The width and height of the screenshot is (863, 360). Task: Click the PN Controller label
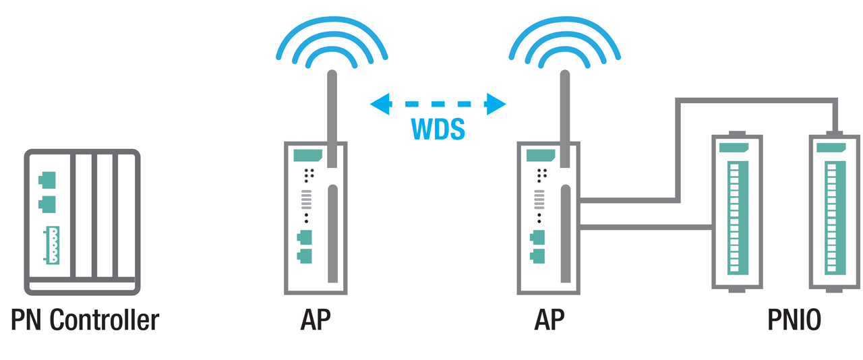pyautogui.click(x=85, y=320)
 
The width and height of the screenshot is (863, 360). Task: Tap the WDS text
pyautogui.click(x=438, y=129)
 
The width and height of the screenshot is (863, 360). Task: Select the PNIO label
pyautogui.click(x=794, y=320)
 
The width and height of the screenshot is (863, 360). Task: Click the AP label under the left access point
pyautogui.click(x=316, y=320)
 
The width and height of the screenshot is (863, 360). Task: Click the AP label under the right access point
pyautogui.click(x=549, y=320)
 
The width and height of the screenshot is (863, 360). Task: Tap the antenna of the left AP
pyautogui.click(x=332, y=108)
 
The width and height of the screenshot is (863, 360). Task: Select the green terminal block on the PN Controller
pyautogui.click(x=52, y=245)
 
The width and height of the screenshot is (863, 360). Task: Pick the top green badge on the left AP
pyautogui.click(x=307, y=155)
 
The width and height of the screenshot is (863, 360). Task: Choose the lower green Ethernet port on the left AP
pyautogui.click(x=304, y=256)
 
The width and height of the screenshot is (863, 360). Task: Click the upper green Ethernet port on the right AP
pyautogui.click(x=537, y=237)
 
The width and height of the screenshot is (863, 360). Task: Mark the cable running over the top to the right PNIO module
pyautogui.click(x=755, y=102)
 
